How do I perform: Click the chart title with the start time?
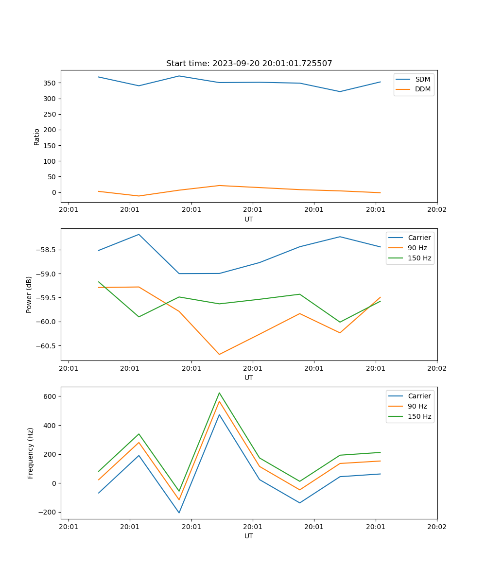point(249,64)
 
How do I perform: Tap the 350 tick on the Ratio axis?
point(51,83)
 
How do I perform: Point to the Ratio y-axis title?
point(36,137)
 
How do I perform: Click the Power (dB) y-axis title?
point(29,294)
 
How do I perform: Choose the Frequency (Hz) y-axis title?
point(30,453)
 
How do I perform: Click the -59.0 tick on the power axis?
point(47,274)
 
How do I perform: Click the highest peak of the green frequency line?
point(219,393)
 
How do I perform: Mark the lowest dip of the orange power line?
point(219,354)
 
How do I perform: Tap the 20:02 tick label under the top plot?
point(437,210)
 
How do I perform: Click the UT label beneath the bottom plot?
point(249,536)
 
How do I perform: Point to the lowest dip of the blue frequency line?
point(179,513)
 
